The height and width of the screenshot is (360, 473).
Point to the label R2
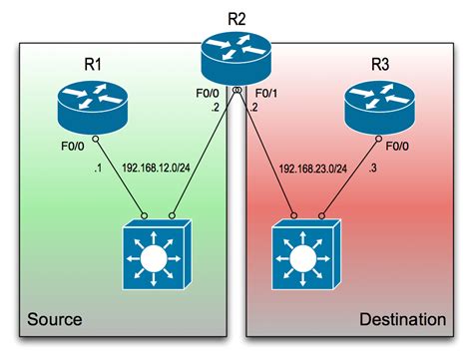(x=236, y=14)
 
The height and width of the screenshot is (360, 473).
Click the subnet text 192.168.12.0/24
(x=159, y=170)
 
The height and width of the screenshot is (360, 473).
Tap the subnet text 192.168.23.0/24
(x=314, y=170)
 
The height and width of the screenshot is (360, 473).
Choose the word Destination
(x=402, y=320)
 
